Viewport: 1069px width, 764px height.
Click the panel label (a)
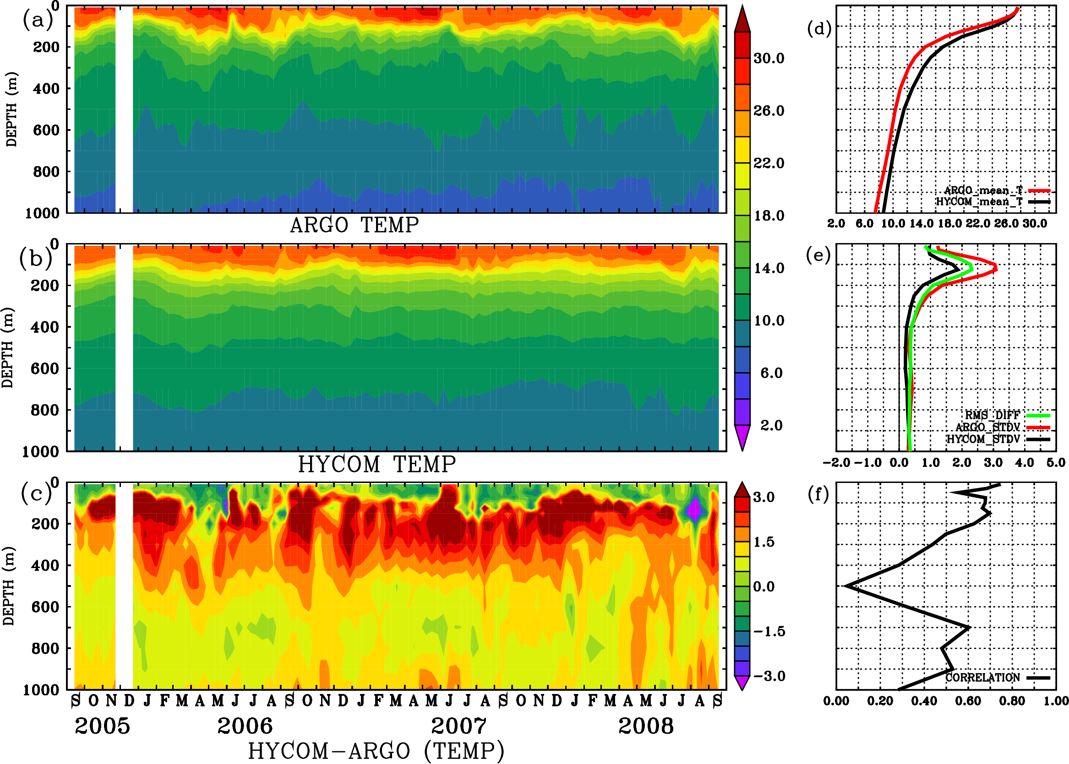37,20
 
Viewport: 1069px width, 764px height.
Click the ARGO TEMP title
354,225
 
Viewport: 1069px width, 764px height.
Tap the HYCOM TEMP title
376,464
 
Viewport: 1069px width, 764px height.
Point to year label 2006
245,726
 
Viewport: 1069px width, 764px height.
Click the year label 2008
646,726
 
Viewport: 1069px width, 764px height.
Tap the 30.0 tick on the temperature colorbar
769,58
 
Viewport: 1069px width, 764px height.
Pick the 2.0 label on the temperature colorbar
771,425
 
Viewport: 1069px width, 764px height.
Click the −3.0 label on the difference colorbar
769,676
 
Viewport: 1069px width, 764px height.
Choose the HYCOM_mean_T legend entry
980,202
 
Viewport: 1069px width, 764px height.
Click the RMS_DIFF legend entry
992,415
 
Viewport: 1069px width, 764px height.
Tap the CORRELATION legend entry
983,677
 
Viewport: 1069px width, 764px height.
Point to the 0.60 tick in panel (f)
968,701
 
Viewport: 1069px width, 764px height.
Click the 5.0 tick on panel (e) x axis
1056,463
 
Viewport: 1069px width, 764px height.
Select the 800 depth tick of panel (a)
47,172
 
